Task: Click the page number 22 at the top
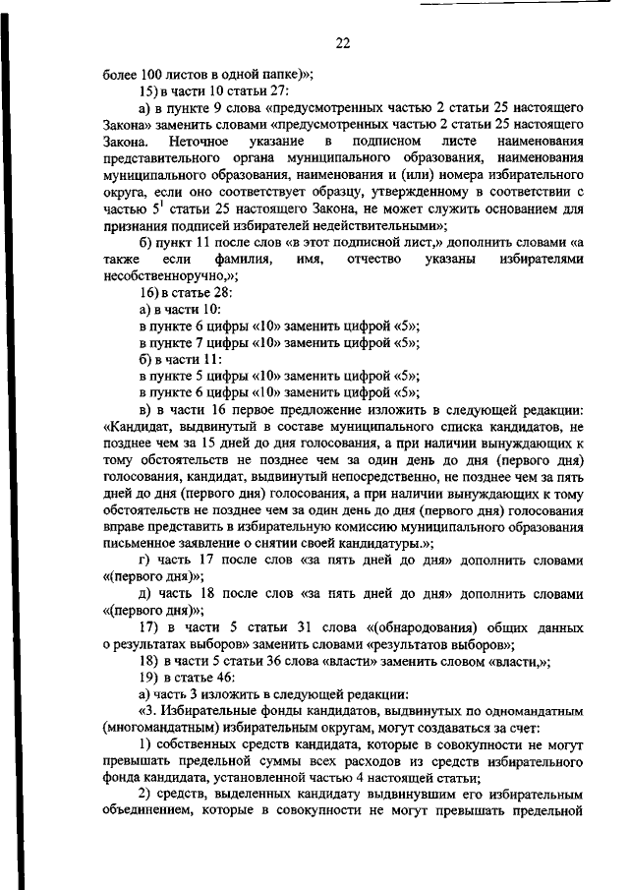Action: pos(342,43)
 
